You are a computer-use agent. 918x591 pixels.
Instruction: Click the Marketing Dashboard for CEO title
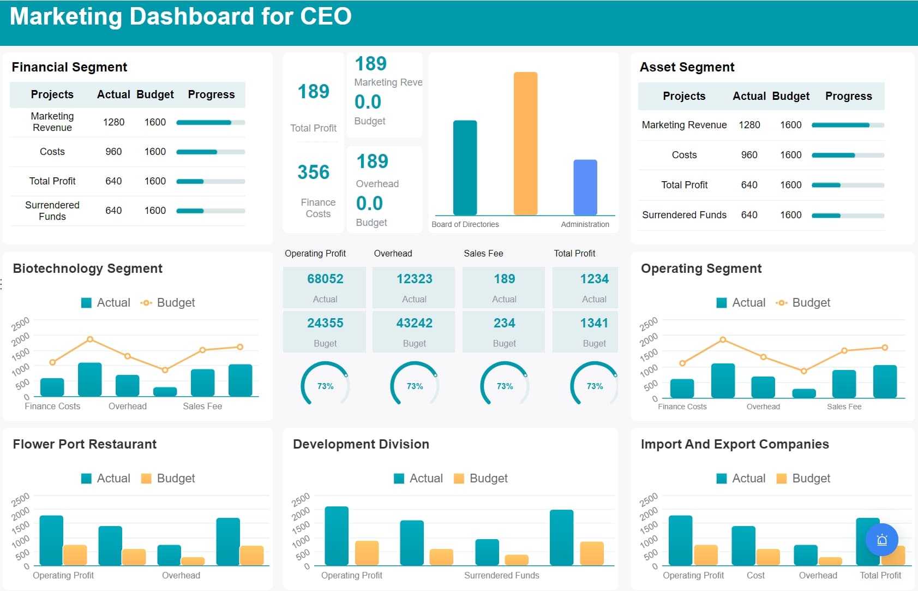tap(181, 16)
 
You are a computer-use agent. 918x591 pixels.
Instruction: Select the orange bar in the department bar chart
tap(525, 143)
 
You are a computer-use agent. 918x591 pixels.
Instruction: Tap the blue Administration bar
tap(585, 187)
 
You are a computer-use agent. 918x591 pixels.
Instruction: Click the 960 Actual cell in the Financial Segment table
tap(113, 152)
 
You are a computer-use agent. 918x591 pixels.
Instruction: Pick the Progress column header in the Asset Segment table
tap(848, 96)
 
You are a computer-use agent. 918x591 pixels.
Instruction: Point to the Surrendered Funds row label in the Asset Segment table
tap(684, 215)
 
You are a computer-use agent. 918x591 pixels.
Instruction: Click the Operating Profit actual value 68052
tap(325, 279)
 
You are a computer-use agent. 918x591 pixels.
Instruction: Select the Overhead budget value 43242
tap(414, 323)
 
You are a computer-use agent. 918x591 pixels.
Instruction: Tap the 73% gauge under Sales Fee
tap(505, 385)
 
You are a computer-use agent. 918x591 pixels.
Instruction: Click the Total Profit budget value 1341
tap(594, 323)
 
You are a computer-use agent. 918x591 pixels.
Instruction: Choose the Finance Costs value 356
tap(314, 172)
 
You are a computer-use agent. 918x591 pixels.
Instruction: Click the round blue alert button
tap(881, 540)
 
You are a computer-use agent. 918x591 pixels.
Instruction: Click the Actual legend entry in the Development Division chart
tap(418, 479)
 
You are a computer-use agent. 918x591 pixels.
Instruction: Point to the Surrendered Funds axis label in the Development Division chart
tap(501, 575)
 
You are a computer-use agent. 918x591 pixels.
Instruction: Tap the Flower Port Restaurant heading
tap(85, 444)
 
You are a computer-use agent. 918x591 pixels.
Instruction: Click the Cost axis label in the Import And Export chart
tap(755, 575)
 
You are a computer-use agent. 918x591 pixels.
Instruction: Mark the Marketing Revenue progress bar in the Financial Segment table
tap(211, 122)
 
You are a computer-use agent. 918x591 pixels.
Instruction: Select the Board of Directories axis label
tap(465, 224)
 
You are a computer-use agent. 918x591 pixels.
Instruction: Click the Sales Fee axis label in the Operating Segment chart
tap(844, 407)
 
